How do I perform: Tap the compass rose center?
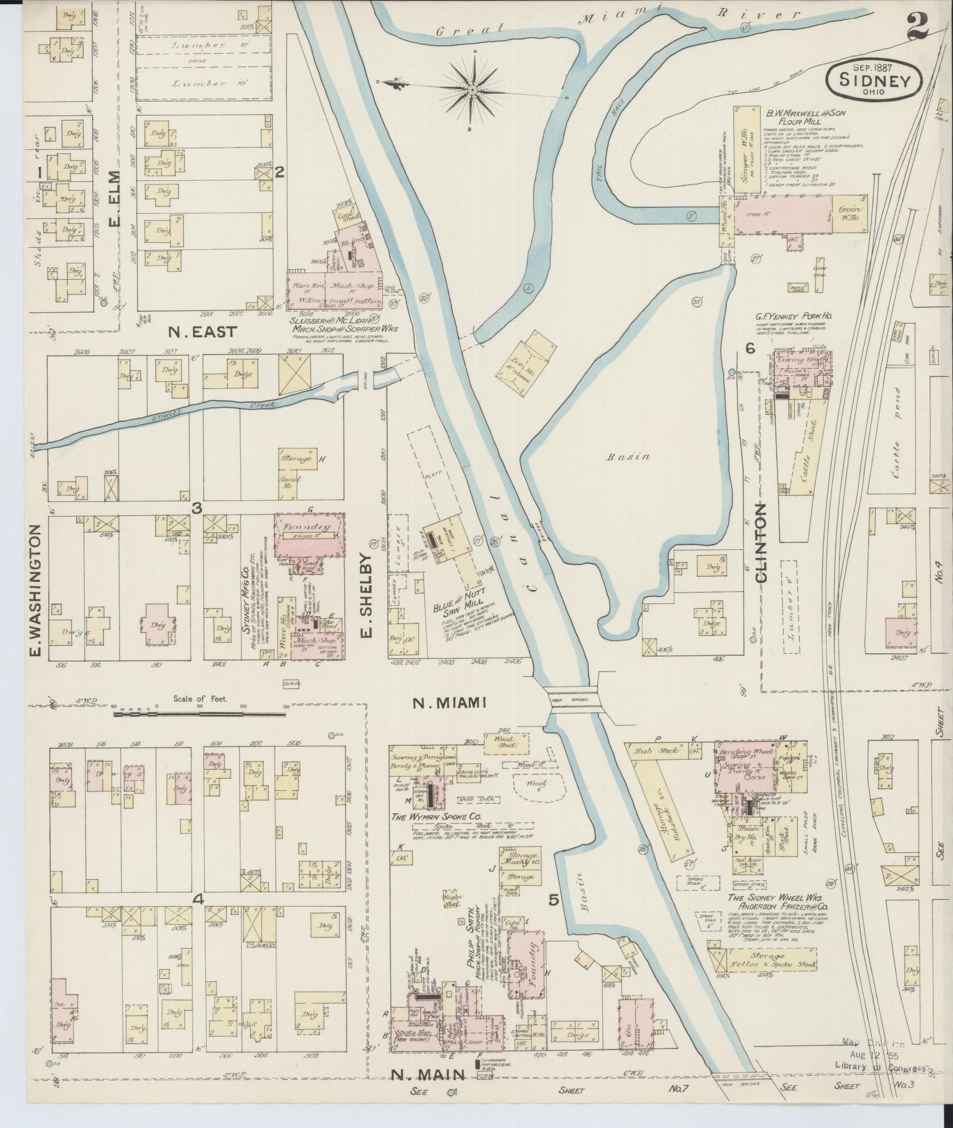pos(472,90)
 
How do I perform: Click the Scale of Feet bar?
pos(199,714)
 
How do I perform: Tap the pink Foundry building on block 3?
pos(309,535)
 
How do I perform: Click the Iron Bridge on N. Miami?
pos(573,698)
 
